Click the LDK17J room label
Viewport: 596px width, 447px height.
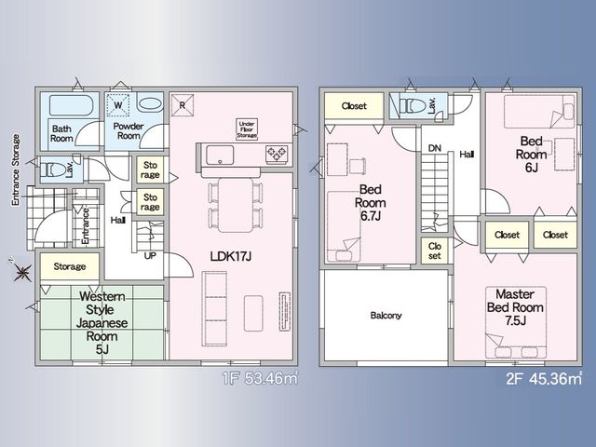click(x=231, y=257)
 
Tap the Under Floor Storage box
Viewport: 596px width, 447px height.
click(x=247, y=129)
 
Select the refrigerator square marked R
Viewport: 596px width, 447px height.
click(x=183, y=105)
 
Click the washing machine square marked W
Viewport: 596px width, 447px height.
click(x=118, y=105)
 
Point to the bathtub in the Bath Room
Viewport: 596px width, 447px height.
click(x=71, y=105)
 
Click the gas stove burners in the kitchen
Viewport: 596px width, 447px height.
click(x=278, y=154)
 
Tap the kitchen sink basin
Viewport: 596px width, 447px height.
click(x=220, y=156)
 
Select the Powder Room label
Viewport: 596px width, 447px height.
click(x=129, y=130)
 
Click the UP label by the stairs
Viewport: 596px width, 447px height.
click(x=150, y=256)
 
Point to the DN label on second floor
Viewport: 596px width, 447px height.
click(x=435, y=148)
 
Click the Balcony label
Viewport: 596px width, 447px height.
click(x=386, y=316)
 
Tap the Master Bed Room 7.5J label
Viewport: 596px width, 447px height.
click(x=515, y=307)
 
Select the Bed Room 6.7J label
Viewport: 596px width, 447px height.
click(x=371, y=203)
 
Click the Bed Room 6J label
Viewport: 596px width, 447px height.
click(x=532, y=154)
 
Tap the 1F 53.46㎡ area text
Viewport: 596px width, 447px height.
click(x=260, y=379)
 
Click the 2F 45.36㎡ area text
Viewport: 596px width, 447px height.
click(x=544, y=379)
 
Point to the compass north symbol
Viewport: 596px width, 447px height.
click(x=22, y=271)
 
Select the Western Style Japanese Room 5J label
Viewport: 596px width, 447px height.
click(x=102, y=323)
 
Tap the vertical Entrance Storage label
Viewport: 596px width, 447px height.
click(x=16, y=169)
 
